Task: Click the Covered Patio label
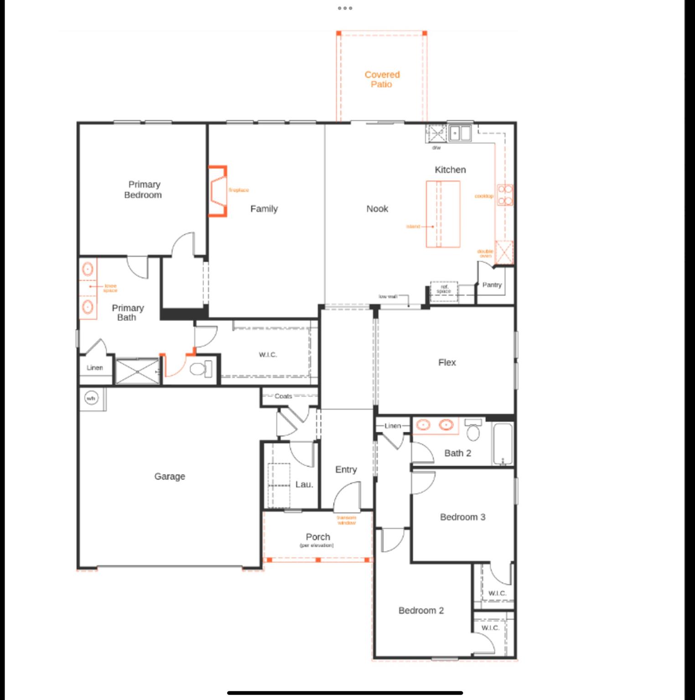tap(382, 79)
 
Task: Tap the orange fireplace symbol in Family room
tap(218, 191)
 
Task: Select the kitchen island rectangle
tap(443, 214)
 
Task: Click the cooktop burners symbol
tap(505, 195)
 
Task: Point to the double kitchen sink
tap(460, 134)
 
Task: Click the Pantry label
tap(492, 285)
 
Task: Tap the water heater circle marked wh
tap(91, 398)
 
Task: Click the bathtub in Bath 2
tap(503, 443)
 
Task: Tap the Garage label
tap(170, 476)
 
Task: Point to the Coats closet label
tap(283, 396)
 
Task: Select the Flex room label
tap(447, 362)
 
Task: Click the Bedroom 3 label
tap(462, 517)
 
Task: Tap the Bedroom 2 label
tap(421, 610)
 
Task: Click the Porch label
tap(318, 537)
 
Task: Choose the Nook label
tap(377, 209)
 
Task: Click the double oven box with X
tap(504, 252)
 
